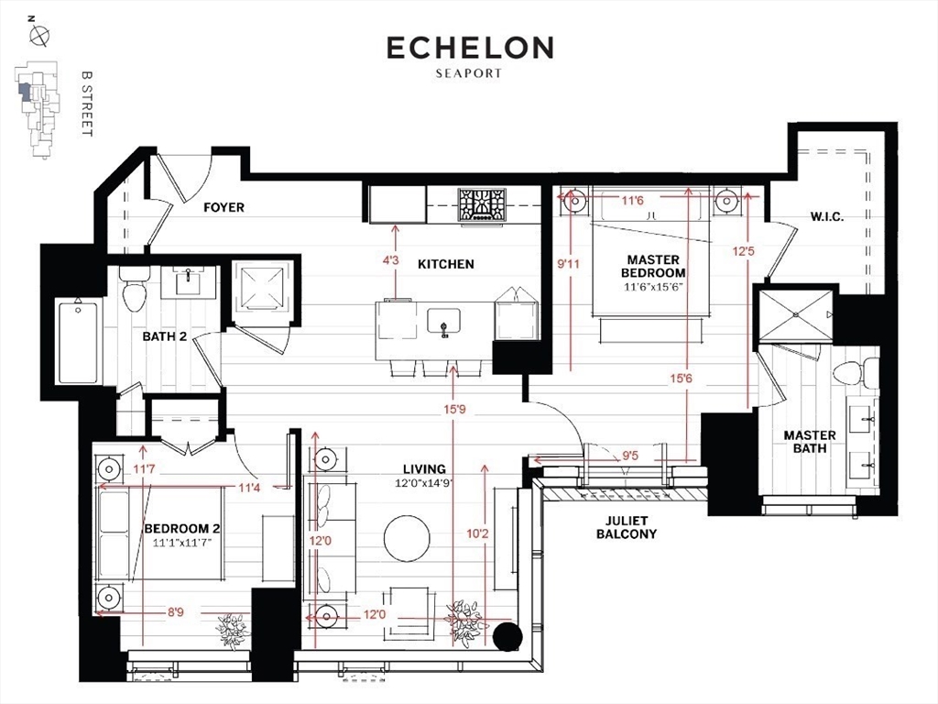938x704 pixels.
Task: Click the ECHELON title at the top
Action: [x=470, y=48]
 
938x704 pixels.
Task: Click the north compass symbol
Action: [x=39, y=36]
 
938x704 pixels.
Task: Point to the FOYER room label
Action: [x=224, y=207]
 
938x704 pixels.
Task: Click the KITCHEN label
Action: [x=446, y=264]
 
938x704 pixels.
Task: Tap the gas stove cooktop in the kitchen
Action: [x=482, y=205]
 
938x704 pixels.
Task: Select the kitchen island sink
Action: [x=443, y=322]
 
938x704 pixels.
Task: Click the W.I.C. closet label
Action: [x=827, y=216]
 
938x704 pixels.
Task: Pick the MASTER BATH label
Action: [x=810, y=441]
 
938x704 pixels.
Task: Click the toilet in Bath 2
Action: [x=134, y=289]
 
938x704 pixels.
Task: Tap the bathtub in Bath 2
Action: [x=78, y=340]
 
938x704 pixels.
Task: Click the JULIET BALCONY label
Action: [x=627, y=527]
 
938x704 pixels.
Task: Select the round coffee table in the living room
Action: [x=407, y=538]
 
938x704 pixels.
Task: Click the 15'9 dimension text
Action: [x=454, y=410]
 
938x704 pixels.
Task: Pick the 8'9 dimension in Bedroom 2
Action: [x=175, y=613]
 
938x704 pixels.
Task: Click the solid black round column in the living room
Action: [x=507, y=636]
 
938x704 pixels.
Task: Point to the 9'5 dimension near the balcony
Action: [x=630, y=456]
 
